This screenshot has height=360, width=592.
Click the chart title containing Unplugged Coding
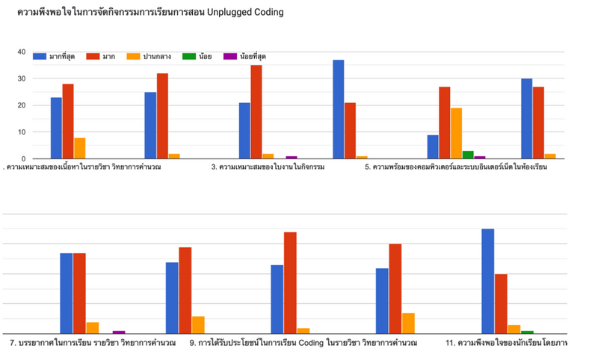click(x=150, y=13)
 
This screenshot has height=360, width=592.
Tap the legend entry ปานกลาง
click(x=148, y=56)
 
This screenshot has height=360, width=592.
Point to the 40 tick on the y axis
click(x=21, y=52)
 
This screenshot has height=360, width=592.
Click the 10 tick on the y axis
click(x=21, y=132)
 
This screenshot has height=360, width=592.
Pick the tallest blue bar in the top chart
click(x=339, y=109)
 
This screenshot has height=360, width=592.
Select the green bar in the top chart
click(x=468, y=155)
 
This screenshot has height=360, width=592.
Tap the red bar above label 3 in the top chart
click(x=256, y=112)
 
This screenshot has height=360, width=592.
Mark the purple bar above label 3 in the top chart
click(x=292, y=157)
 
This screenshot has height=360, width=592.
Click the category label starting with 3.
click(x=269, y=167)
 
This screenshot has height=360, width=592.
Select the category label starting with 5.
click(x=456, y=167)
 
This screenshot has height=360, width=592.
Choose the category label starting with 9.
click(x=303, y=343)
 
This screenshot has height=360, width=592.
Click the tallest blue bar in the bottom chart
click(x=487, y=281)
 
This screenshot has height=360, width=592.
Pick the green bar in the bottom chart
click(x=527, y=332)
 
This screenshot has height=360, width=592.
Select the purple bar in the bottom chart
click(x=119, y=332)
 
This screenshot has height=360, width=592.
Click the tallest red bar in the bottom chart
click(x=290, y=282)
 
